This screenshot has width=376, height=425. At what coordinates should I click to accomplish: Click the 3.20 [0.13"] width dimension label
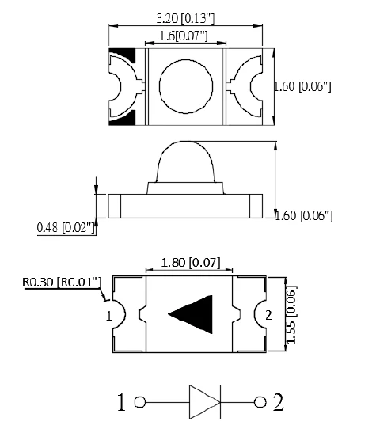tap(186, 18)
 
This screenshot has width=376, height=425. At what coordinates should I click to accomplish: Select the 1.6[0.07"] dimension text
tap(184, 36)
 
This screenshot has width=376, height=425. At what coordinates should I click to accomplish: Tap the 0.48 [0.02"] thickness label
tap(66, 227)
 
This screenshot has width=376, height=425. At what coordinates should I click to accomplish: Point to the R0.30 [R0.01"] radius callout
tap(62, 283)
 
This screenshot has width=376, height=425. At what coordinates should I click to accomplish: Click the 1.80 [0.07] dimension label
tap(191, 263)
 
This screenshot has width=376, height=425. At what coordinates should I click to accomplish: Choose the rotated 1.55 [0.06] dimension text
tap(291, 315)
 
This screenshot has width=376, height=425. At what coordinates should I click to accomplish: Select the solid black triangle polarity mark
tap(190, 314)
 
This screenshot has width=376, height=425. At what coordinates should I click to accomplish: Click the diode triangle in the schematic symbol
tap(205, 402)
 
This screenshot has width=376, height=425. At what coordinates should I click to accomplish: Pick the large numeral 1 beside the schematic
tap(121, 402)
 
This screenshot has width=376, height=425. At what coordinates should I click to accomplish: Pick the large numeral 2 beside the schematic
tap(278, 402)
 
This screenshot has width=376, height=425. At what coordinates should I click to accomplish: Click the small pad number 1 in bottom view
tap(109, 316)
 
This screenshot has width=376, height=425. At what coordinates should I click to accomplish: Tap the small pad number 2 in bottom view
tap(268, 315)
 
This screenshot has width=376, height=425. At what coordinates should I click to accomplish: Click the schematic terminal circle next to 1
tap(140, 402)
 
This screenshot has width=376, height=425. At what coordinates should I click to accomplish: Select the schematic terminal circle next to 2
tap(260, 402)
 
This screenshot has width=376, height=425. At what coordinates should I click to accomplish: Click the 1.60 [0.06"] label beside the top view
tap(302, 87)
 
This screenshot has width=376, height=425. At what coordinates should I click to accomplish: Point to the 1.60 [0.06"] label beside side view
tap(304, 216)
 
